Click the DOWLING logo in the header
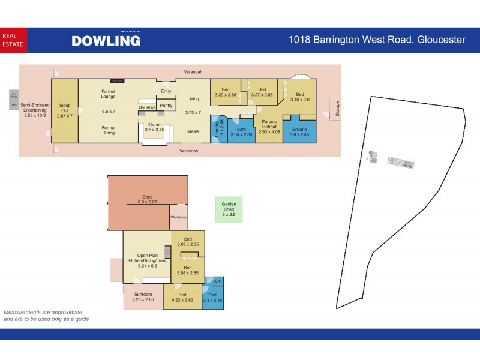106,40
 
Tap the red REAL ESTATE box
13,40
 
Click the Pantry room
166,106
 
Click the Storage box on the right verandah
337,109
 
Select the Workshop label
179,217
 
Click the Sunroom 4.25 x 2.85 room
143,297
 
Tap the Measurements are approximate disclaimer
46,316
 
